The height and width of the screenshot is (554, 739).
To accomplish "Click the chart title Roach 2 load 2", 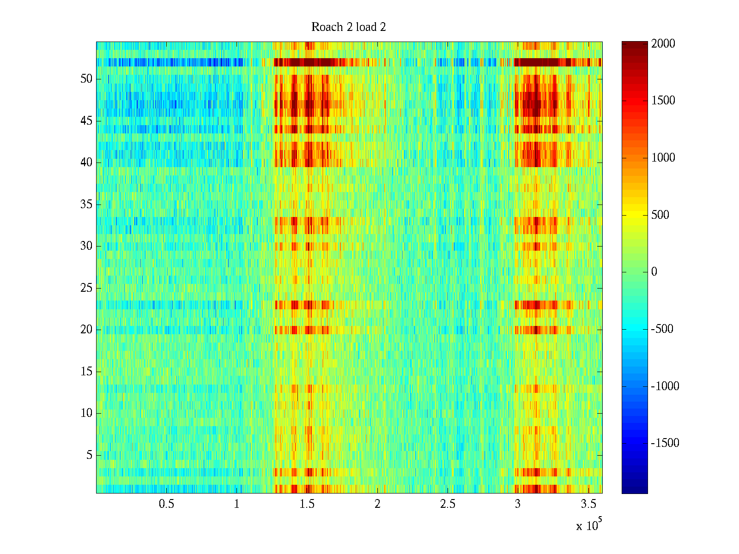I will pos(349,27).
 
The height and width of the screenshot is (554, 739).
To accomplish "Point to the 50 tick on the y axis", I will pos(86,79).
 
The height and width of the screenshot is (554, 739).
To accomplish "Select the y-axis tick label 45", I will pos(86,121).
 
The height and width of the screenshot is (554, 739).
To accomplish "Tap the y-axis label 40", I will pos(86,163).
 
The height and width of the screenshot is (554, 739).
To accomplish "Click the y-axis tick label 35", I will pos(86,205).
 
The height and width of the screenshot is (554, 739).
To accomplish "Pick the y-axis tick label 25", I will pos(86,288).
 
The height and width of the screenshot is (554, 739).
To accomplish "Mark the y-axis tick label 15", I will pos(86,372).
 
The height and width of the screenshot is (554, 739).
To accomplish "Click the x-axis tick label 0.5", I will pos(166,504).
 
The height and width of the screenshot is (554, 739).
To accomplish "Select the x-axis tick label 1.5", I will pos(307,504).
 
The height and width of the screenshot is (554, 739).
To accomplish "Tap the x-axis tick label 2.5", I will pos(448,504).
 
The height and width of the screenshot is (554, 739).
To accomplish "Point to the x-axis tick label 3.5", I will pos(588,504).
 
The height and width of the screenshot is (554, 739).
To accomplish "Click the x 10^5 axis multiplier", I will pos(589,525).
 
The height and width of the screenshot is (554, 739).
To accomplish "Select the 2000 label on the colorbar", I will pos(663,44).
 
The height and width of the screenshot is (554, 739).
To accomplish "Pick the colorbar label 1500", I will pos(663,101).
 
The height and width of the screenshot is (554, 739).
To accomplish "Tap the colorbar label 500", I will pos(660,215).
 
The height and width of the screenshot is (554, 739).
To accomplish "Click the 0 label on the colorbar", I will pos(654,272).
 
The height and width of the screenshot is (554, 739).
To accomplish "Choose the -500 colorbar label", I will pos(662,329).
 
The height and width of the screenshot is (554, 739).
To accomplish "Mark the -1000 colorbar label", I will pos(665,386).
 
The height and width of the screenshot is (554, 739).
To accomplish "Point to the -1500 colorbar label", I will pos(665,443).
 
